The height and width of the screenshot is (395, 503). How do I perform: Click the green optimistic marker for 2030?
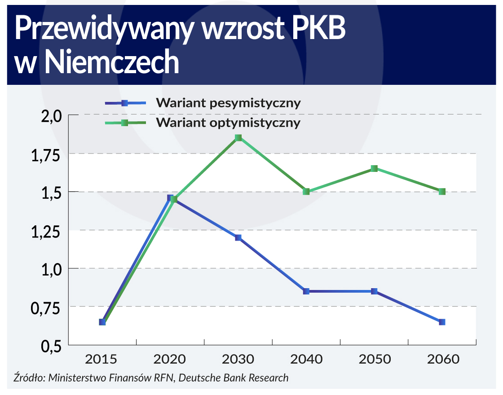pos(238,138)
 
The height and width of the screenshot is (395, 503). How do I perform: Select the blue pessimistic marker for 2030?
pos(238,237)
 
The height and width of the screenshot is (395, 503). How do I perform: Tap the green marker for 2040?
pos(306,191)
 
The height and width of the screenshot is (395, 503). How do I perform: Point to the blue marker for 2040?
pos(306,291)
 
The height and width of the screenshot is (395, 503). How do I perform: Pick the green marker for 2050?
pos(374,168)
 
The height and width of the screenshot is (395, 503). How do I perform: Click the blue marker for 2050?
pos(374,291)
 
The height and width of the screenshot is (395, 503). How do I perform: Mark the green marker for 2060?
pos(442,191)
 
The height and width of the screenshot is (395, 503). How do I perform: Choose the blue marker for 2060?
pos(442,322)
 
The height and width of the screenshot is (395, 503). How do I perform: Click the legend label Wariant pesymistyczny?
pos(228,103)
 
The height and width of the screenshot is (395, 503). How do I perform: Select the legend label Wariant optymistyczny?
pos(228,123)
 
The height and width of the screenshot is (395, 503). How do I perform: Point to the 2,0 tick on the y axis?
pos(50,116)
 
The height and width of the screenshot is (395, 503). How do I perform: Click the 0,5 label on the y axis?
pos(50,346)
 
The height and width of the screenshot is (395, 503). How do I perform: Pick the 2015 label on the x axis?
pos(102,360)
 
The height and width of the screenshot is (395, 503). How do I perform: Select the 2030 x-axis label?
pos(238,360)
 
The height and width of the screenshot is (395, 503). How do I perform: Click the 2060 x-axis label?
pos(442,360)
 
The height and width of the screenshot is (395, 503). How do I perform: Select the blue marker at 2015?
pos(102,322)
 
